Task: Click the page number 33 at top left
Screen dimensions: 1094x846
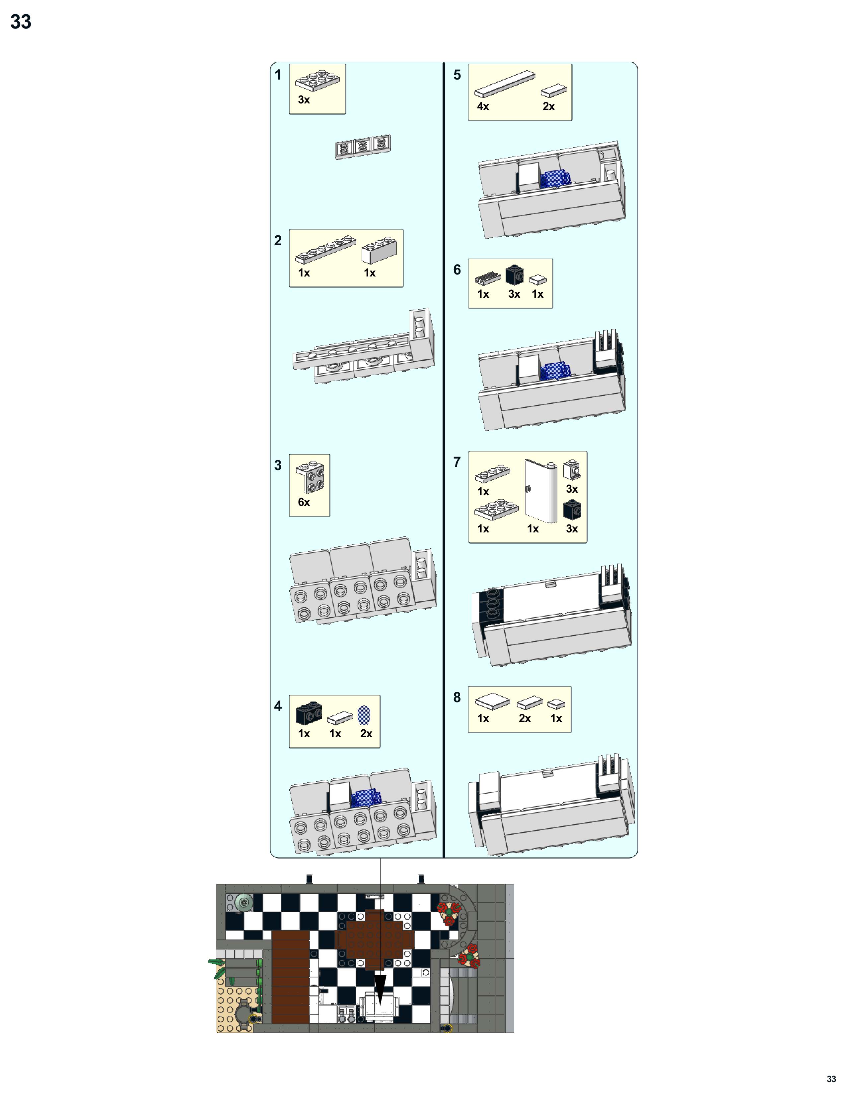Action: click(x=21, y=22)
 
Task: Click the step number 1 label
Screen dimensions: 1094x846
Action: click(x=278, y=75)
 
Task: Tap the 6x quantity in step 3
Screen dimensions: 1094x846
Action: click(x=304, y=502)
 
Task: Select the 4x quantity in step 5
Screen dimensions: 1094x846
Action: click(x=483, y=106)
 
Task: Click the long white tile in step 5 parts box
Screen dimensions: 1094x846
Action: click(x=505, y=84)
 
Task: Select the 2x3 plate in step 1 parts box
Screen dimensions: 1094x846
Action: click(x=317, y=80)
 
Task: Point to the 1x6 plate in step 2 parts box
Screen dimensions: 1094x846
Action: click(x=325, y=250)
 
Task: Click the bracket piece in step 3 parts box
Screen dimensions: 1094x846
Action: click(x=310, y=475)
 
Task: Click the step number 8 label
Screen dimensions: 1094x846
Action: click(x=457, y=697)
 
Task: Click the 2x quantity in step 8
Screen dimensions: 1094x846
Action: click(x=524, y=718)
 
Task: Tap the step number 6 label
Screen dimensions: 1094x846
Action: click(x=457, y=270)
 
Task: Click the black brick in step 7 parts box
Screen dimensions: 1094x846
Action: click(x=572, y=510)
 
